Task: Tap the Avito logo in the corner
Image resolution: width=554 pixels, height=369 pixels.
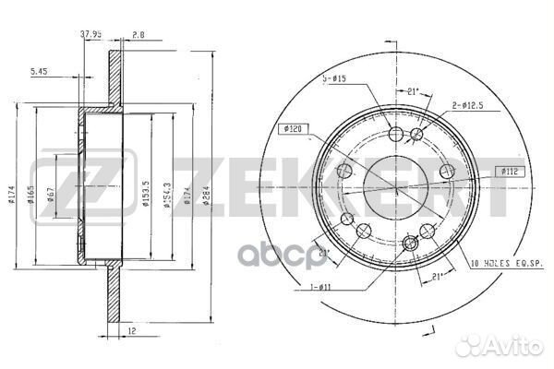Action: pyautogui.click(x=504, y=345)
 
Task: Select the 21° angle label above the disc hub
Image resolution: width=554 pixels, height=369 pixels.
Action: pyautogui.click(x=414, y=92)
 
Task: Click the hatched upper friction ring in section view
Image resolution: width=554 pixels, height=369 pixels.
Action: pyautogui.click(x=114, y=78)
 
